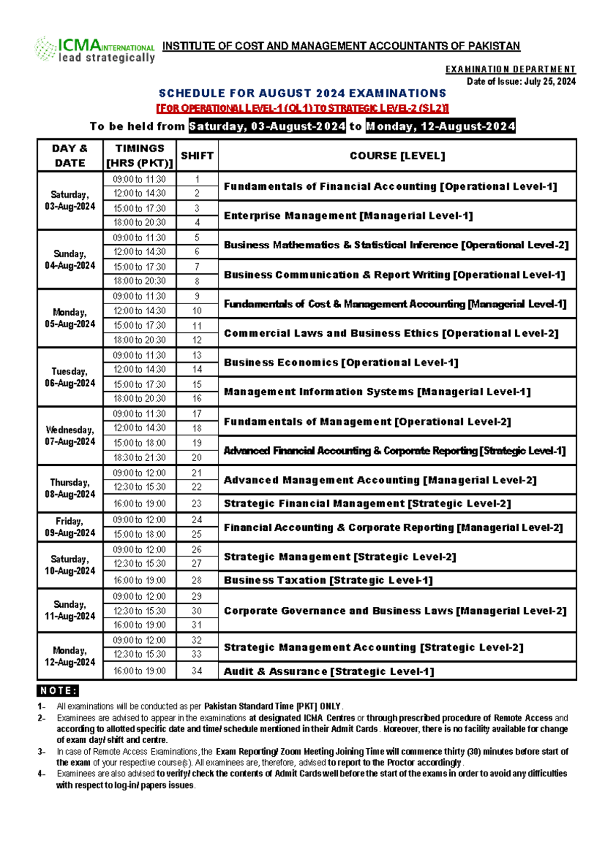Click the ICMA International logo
pos(94,50)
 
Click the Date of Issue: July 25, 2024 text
pos(521,82)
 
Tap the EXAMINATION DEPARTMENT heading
pos(510,69)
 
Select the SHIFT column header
pos(197,156)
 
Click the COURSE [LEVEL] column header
pos(397,156)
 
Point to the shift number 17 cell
pos(197,414)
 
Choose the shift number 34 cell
pos(197,671)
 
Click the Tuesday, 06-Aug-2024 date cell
pos(70,377)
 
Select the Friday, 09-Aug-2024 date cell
pos(70,527)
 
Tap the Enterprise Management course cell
pos(348,216)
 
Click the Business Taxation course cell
pos(328,581)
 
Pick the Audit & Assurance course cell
pos(329,672)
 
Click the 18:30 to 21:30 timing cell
pos(140,458)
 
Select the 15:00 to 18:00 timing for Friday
pos(140,534)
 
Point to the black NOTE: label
pos(58,691)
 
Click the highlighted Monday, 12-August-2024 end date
pos(441,126)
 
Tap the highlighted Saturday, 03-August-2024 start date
pos(267,126)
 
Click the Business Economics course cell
pos(341,363)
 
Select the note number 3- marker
pos(41,752)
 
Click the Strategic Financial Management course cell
pos(367,504)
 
